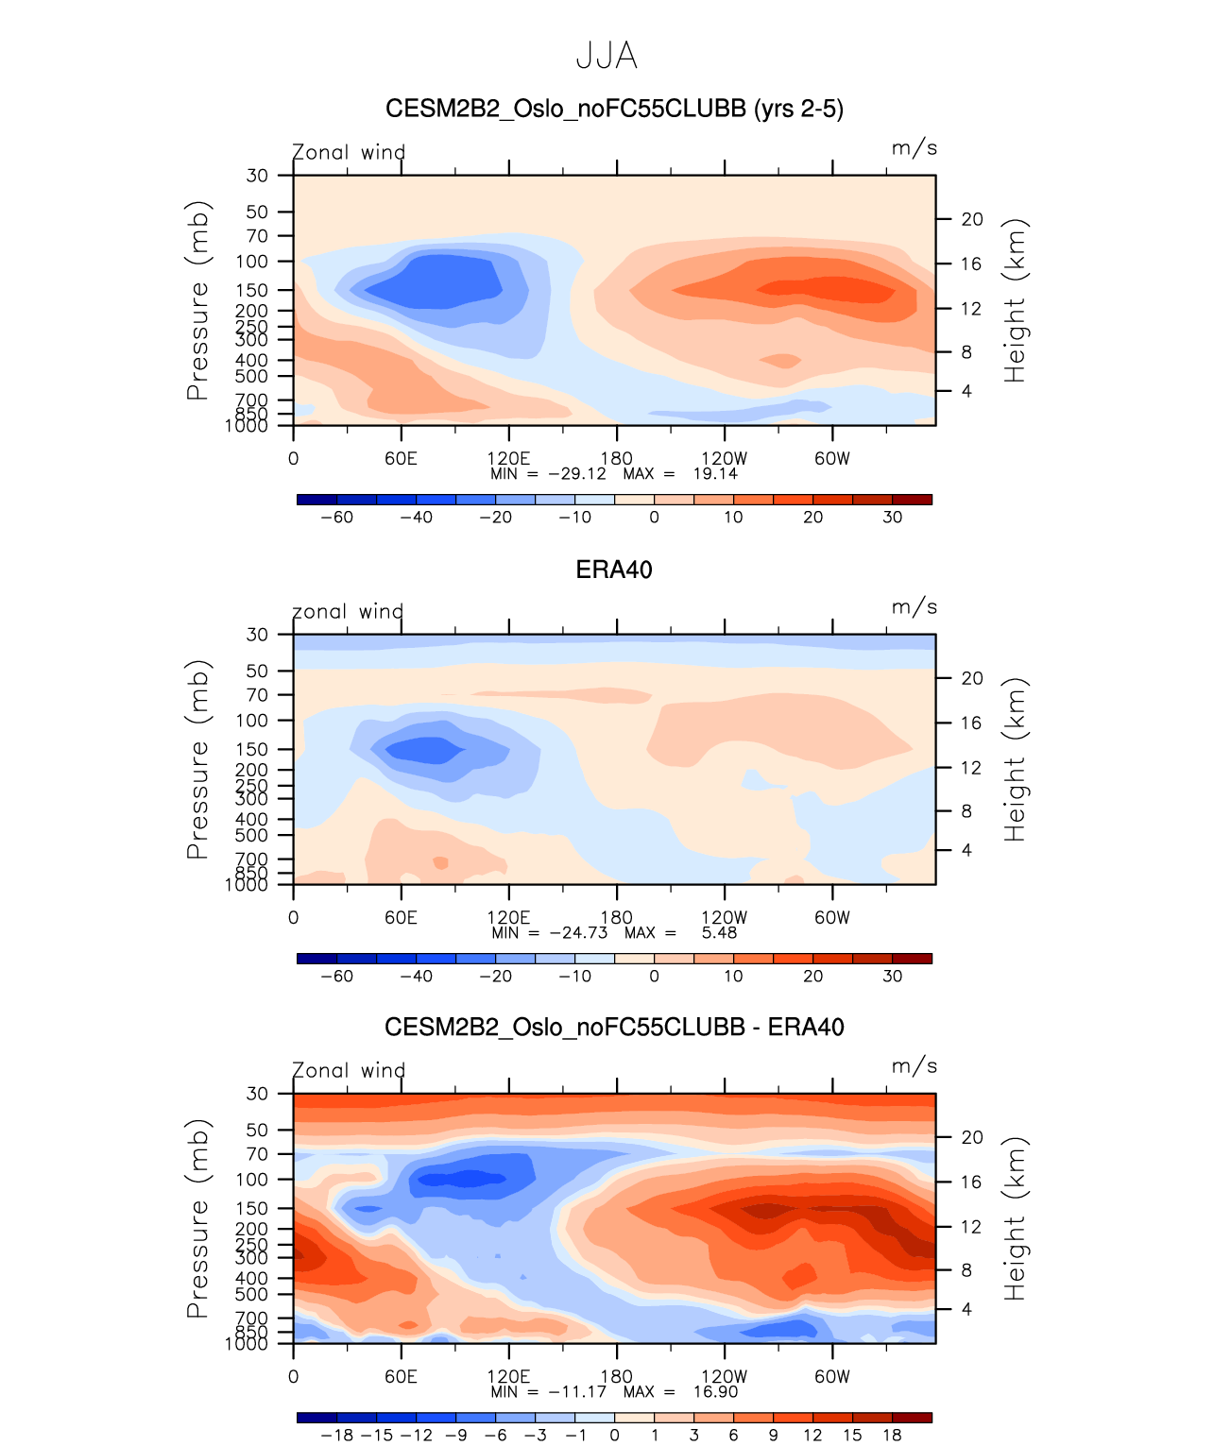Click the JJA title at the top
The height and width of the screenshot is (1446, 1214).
tap(607, 57)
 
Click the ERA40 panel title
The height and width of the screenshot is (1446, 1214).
tap(614, 570)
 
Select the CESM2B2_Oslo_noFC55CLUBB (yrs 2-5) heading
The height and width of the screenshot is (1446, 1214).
tap(614, 109)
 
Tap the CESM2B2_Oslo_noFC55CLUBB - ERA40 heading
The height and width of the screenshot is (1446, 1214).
tap(614, 1027)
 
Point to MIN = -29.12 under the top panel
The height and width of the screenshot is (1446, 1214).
tap(548, 474)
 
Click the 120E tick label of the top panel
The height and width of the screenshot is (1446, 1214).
tap(508, 459)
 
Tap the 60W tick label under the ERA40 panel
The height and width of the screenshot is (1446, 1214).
tap(832, 918)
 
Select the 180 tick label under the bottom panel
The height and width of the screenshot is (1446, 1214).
tap(616, 1377)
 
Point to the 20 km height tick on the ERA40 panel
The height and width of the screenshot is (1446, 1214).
tap(972, 678)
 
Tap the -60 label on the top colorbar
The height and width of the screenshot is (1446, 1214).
tap(337, 518)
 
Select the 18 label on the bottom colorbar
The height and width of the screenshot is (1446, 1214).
tap(892, 1436)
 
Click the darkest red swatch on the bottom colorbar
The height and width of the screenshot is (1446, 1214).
tap(912, 1418)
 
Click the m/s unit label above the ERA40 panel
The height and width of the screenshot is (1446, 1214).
tap(914, 607)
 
